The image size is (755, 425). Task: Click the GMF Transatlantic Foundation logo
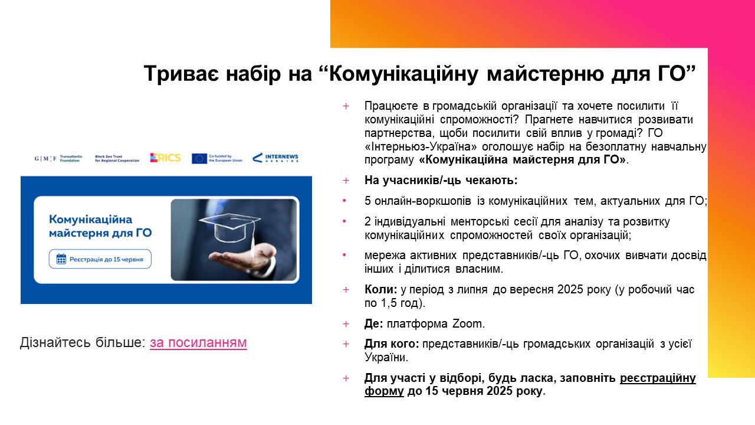coord(58,159)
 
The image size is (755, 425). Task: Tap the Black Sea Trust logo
coord(117,159)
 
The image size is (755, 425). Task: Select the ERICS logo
coord(166,158)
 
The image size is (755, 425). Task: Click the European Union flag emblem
coord(199,159)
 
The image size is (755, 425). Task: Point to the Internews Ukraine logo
coord(275,158)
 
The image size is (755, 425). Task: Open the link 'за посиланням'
coord(198,343)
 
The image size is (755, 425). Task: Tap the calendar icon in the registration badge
coord(61,259)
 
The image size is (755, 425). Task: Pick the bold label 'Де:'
coord(374,324)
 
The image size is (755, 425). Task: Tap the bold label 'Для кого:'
coord(392,344)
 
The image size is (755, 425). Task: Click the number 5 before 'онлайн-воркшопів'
coord(367,201)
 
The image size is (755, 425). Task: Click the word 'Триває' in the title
coord(181,74)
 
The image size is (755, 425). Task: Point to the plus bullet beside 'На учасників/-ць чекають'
coord(346,181)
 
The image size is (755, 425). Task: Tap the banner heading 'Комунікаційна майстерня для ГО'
coord(100,226)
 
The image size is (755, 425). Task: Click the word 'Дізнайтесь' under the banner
coord(55,343)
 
